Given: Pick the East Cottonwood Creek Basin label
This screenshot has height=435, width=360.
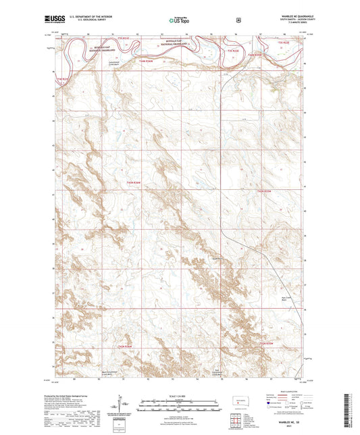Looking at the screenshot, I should [218, 372].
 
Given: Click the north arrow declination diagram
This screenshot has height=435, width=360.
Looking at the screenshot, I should [124, 405].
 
